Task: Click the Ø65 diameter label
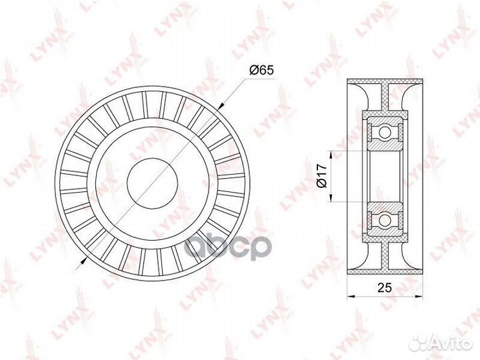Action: pos(261,71)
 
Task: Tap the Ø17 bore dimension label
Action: pos(322,176)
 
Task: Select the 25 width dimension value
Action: pos(385,287)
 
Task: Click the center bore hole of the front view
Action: pos(153,184)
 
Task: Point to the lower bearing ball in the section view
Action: pos(385,220)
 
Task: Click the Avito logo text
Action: pos(452,344)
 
